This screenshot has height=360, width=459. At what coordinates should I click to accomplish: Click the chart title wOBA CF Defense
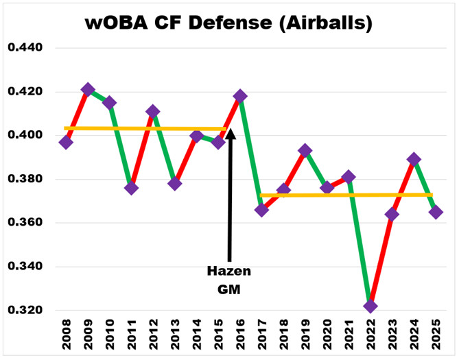229,23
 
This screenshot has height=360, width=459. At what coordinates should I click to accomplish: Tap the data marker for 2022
370,306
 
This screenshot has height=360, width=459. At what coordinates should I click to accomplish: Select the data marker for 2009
88,90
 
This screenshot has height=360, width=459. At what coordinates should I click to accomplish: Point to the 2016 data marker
240,96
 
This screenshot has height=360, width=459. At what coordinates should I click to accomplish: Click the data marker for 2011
131,188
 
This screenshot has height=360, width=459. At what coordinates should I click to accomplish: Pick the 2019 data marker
305,151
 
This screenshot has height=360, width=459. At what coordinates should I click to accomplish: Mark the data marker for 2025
436,212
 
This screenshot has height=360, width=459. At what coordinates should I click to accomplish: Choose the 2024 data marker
414,159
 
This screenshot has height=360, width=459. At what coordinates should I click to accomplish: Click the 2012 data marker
153,111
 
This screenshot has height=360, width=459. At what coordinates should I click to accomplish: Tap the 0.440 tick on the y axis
25,49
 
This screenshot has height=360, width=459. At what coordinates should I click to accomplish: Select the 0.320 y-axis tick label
25,311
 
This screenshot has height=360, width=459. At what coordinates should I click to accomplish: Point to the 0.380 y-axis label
25,180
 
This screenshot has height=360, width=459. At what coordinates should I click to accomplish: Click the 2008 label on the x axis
67,337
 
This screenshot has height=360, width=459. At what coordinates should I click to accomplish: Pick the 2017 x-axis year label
262,337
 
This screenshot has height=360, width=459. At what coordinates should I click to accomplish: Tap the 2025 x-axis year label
436,337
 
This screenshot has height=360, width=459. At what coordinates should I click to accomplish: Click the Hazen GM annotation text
229,280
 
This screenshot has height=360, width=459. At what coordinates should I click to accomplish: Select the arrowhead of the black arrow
231,132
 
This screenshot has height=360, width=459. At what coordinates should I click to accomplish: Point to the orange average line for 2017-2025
343,195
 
